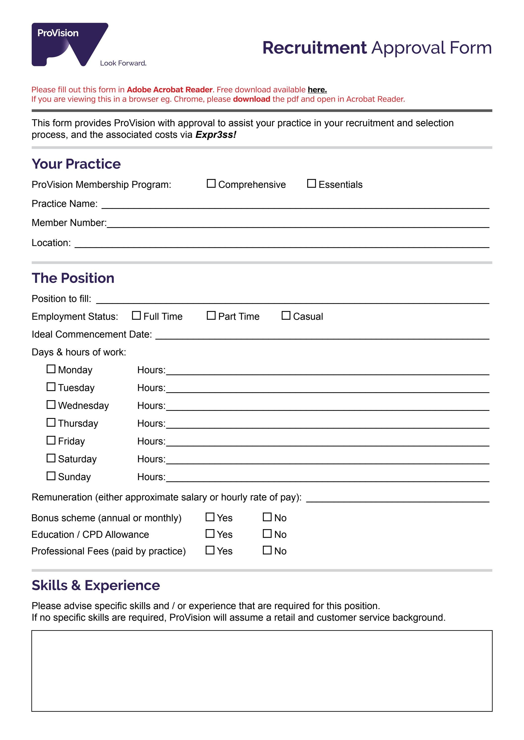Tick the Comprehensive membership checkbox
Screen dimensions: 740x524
[211, 183]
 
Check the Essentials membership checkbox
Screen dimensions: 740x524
[311, 183]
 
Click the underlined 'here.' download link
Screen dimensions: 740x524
[317, 90]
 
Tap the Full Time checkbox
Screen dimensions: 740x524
[136, 315]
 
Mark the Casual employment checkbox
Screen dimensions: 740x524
[286, 315]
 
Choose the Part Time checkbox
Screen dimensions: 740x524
[211, 315]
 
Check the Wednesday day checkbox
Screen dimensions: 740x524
[51, 404]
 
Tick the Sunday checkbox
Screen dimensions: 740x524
[51, 476]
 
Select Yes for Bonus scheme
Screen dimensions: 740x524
[210, 517]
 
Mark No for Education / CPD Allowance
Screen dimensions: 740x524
[267, 533]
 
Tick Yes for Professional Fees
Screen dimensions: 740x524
[210, 550]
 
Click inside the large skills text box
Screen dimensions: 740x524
[262, 671]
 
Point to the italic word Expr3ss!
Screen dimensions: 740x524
[216, 135]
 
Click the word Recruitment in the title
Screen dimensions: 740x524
[314, 48]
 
